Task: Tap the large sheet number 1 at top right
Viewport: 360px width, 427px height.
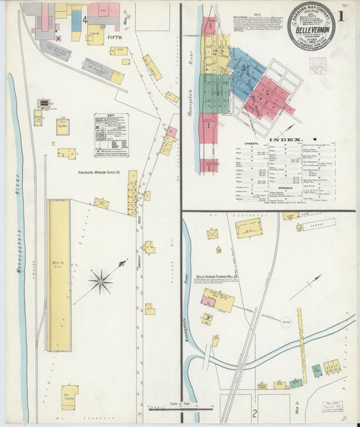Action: click(x=344, y=17)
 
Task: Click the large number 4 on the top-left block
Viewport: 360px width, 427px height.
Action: click(x=84, y=20)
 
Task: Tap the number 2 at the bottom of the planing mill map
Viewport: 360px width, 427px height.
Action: click(x=255, y=413)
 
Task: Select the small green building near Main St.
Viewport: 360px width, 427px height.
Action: click(x=316, y=370)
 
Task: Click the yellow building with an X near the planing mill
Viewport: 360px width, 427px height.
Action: click(x=213, y=234)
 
